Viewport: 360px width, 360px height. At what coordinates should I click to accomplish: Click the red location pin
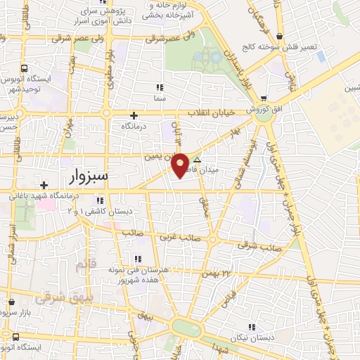coord(180,164)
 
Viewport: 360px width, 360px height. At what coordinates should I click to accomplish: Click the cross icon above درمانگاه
coord(134,115)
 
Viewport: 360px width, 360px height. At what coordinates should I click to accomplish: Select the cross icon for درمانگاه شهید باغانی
coord(44,185)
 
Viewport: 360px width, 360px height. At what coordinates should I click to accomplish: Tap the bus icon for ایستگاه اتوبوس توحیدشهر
coord(25,69)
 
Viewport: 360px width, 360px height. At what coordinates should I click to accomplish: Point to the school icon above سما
coord(160,88)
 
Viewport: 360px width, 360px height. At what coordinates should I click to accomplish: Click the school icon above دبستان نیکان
coord(251,326)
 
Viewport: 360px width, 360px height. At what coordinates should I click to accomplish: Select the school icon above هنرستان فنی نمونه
coord(138,258)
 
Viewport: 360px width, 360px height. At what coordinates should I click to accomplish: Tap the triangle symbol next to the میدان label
coord(197,160)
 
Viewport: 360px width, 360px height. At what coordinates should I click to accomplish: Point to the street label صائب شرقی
coord(254,247)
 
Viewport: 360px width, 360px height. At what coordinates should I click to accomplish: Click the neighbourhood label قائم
coord(83,265)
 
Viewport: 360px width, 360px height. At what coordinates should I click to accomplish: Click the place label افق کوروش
coord(263,110)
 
